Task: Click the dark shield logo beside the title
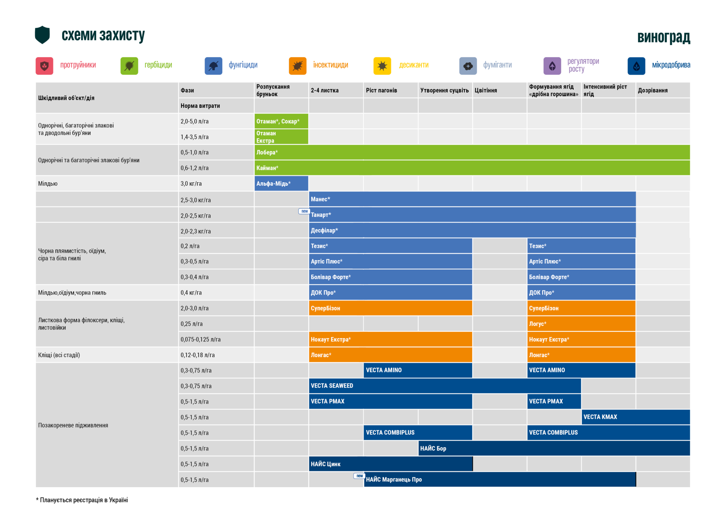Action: coord(42,35)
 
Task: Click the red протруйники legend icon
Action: coord(45,66)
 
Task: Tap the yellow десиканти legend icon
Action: coord(382,66)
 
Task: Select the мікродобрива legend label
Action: coord(671,65)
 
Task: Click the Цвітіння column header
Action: coord(486,90)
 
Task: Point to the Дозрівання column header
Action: coord(653,90)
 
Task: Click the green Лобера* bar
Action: coord(472,152)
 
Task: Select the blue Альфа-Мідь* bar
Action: coord(281,183)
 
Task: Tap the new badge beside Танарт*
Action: coord(304,211)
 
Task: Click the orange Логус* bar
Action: coord(581,324)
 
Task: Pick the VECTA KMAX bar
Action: coord(636,417)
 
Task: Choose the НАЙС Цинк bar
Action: coord(391,464)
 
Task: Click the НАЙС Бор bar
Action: coord(554,448)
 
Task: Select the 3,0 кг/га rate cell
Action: coord(191,184)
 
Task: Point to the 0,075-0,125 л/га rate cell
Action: coord(200,340)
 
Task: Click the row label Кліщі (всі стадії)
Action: coord(59,355)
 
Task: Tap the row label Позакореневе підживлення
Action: coord(73,425)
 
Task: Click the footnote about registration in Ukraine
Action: coord(82,500)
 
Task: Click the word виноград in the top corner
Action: coord(664,37)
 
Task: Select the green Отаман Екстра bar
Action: coord(281,137)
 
